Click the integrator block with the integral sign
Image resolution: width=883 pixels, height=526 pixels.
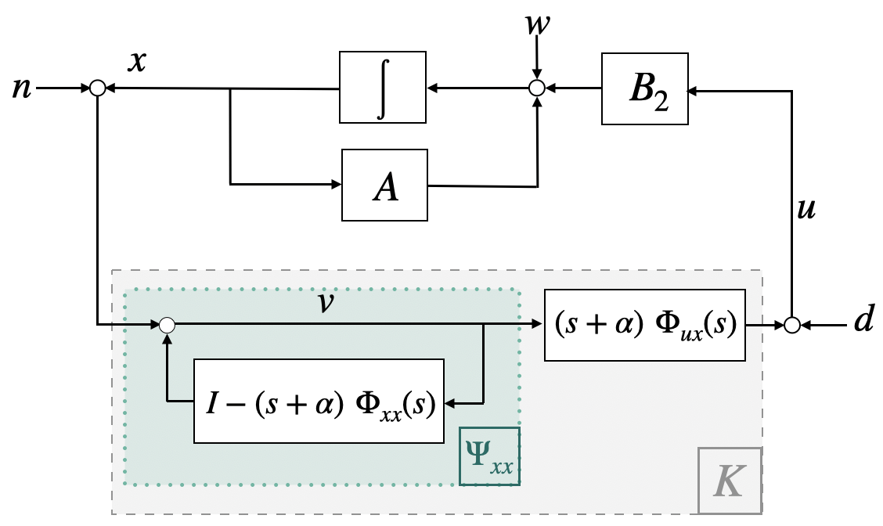382,88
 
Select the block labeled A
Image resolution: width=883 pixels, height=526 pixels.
384,186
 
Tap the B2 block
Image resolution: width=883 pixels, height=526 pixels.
645,89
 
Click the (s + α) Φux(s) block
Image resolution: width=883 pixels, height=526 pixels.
645,325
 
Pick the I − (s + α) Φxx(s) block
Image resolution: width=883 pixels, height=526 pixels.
319,401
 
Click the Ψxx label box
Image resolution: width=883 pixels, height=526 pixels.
489,456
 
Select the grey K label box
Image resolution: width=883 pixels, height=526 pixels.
730,481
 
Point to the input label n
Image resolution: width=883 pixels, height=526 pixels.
21,89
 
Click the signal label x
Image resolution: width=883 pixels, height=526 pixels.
137,61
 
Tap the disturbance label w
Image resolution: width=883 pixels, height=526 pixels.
537,23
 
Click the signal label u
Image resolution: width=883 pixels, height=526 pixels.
806,209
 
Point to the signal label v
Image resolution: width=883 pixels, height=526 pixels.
326,302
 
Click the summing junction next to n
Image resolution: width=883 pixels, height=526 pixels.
98,88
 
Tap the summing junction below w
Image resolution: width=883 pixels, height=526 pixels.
537,88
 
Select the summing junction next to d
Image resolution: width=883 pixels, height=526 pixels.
791,326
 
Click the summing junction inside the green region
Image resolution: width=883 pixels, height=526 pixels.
167,325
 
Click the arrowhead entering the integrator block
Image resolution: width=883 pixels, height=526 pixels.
432,88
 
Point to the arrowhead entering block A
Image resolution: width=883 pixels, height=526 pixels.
336,184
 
